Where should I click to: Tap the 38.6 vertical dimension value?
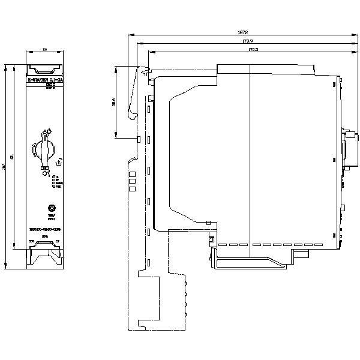(114, 103)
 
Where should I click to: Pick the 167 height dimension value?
(4, 166)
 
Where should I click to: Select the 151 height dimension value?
(15, 166)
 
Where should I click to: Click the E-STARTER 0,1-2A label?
(44, 80)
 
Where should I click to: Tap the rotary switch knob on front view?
(44, 148)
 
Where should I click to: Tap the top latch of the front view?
(44, 70)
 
